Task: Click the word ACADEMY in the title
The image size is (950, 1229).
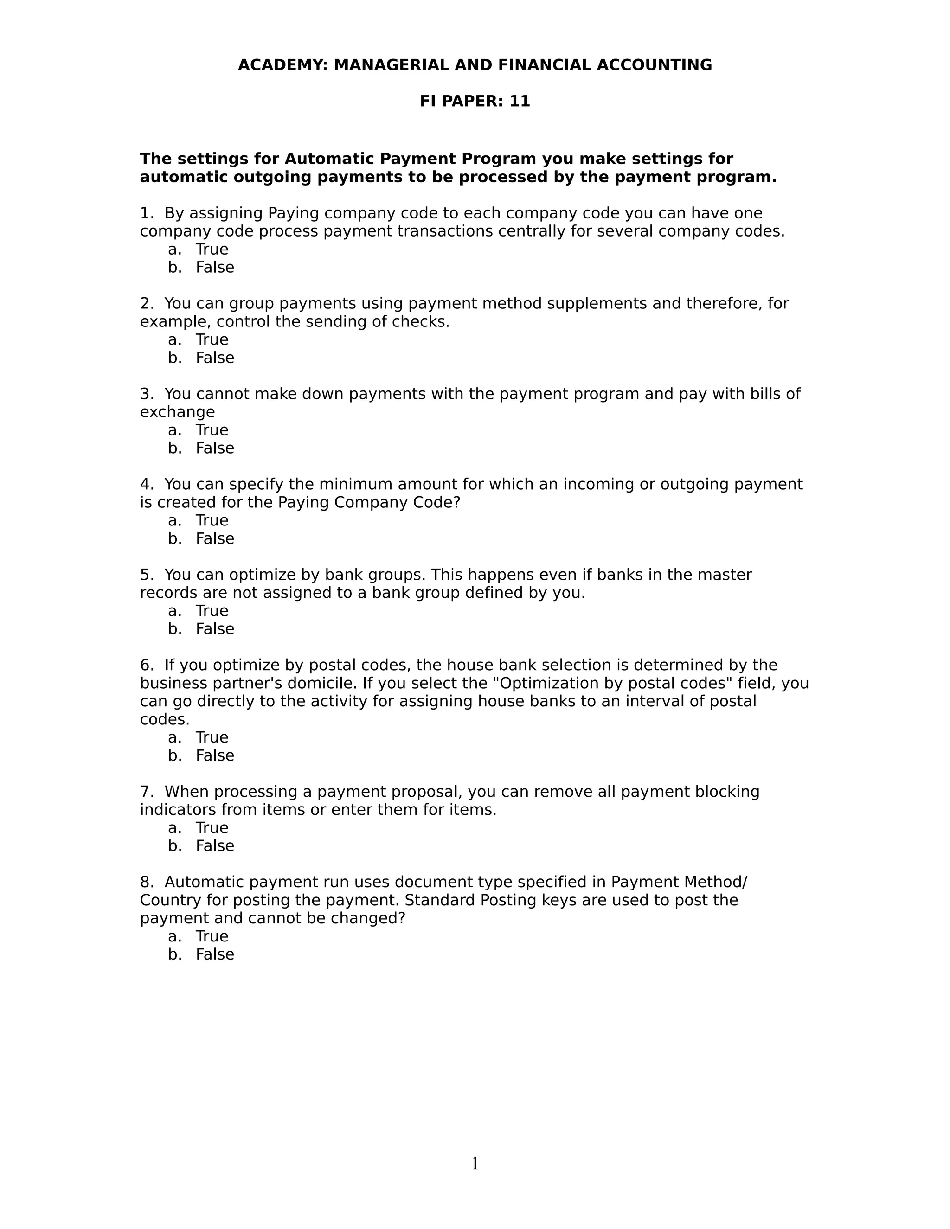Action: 282,65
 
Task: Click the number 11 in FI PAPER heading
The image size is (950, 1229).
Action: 520,101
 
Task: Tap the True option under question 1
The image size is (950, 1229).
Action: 212,250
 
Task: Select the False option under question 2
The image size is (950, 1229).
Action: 214,358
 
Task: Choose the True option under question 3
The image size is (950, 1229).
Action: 212,430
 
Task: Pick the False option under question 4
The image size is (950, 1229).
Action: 214,538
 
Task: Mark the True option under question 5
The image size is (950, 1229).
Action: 212,611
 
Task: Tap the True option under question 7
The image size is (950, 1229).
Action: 212,828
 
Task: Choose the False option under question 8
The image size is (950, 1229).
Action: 214,954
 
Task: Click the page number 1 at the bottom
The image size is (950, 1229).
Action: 475,1163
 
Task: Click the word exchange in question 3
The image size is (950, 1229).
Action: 177,412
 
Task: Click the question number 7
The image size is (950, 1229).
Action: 146,792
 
